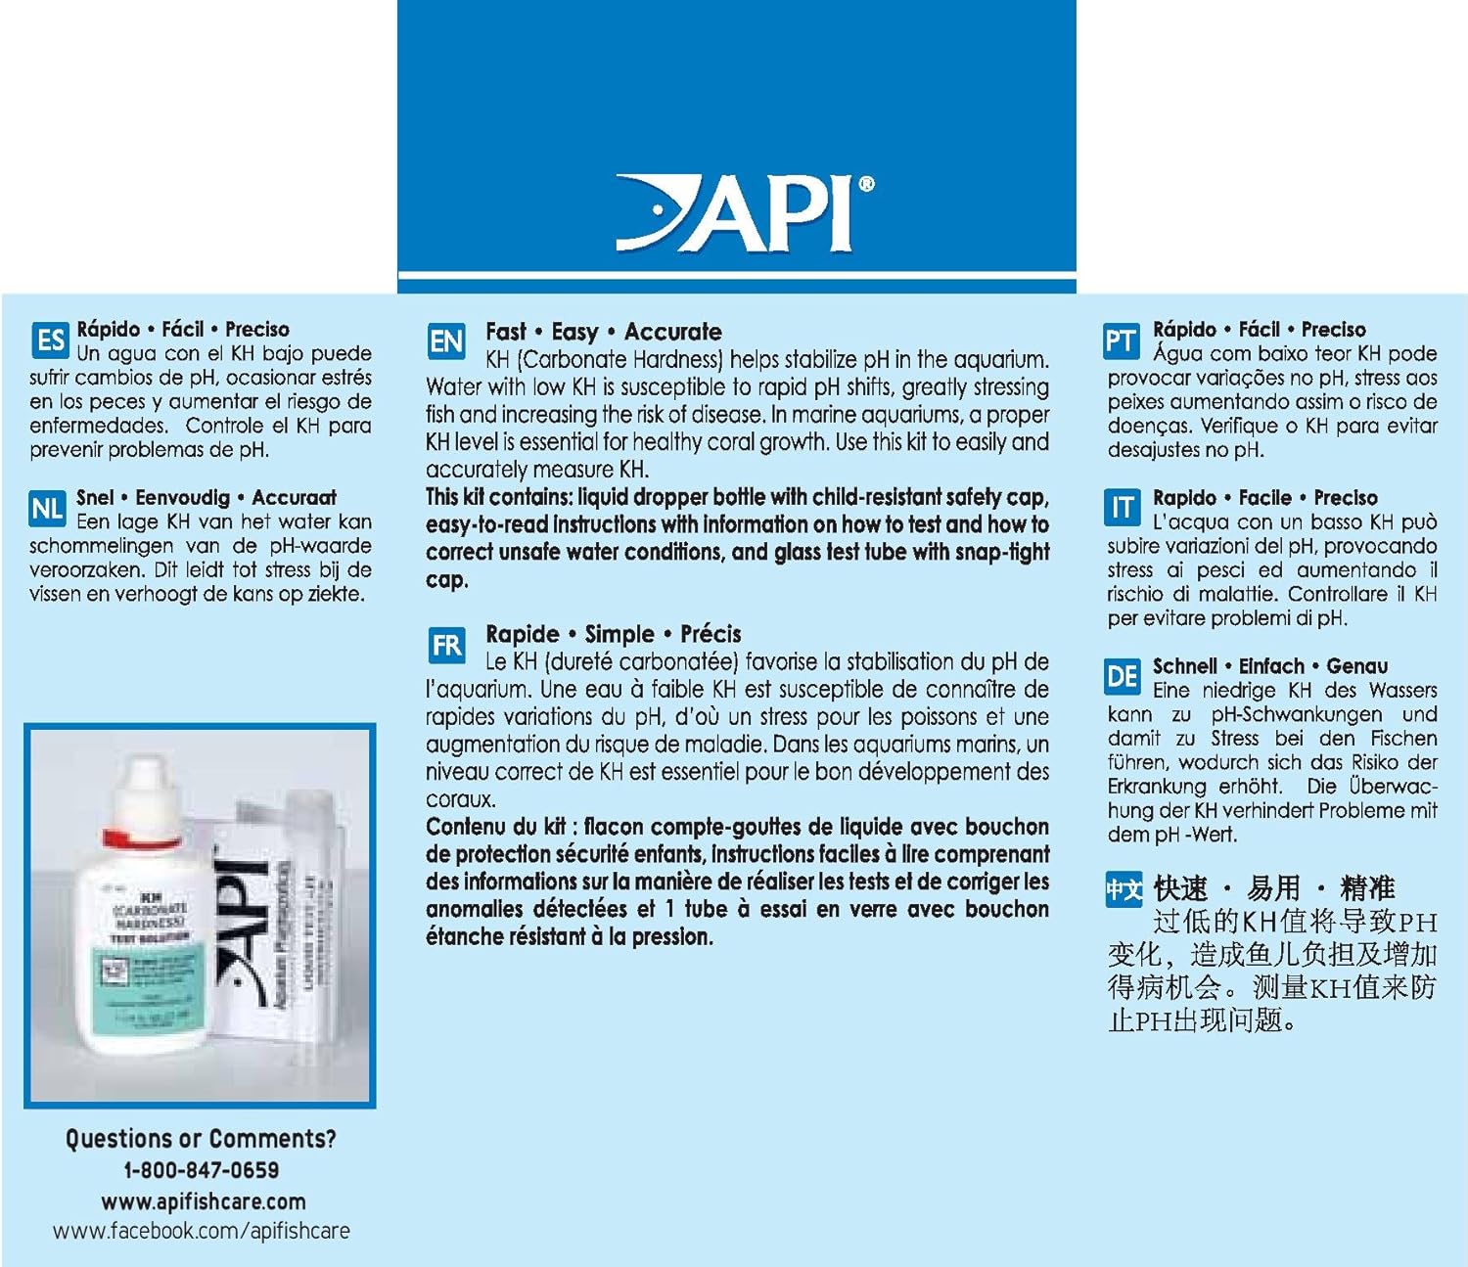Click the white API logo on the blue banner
[744, 212]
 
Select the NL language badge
[47, 508]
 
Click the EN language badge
[446, 341]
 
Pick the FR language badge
[446, 646]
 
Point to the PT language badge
[1121, 340]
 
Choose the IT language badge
[1121, 508]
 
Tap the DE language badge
[1121, 676]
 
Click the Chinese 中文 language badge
[1124, 890]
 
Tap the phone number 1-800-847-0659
[201, 1170]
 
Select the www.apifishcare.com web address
[203, 1201]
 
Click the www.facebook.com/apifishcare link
[201, 1232]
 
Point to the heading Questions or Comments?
[201, 1139]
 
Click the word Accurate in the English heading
[672, 332]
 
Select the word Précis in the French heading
[711, 634]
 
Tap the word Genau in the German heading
[1356, 666]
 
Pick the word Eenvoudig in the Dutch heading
[182, 498]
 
